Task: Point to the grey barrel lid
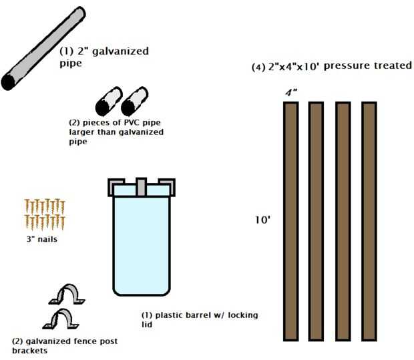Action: tap(141, 186)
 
